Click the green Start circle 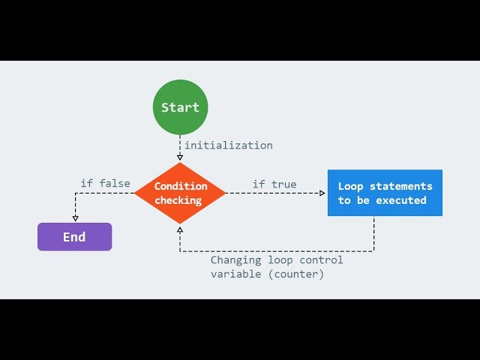pos(180,107)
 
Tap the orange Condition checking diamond pos(180,193)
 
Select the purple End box pos(74,237)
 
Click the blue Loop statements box pos(385,193)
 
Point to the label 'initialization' pos(229,145)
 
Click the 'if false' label pos(105,183)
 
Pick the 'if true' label pos(274,184)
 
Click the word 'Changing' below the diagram pos(235,260)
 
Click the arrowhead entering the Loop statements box pos(323,193)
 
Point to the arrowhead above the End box pos(75,218)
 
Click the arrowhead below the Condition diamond pos(180,228)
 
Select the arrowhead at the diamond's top pos(180,159)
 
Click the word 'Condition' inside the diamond pos(181,186)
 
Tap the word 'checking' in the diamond pos(178,200)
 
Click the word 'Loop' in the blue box pos(350,186)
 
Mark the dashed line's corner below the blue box pos(374,251)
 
